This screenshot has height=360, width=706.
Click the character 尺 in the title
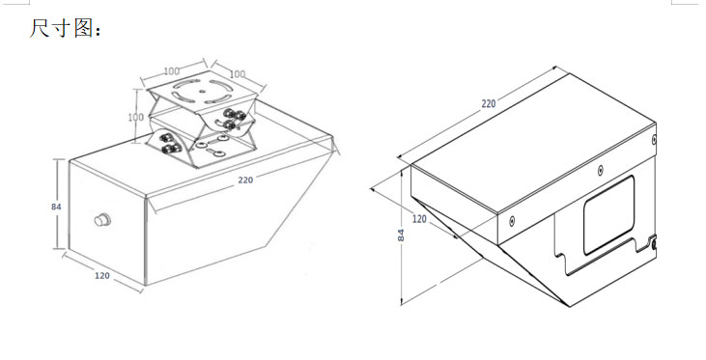(x=39, y=28)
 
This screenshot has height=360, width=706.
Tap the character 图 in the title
(x=84, y=28)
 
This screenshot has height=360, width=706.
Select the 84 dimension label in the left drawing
(x=56, y=207)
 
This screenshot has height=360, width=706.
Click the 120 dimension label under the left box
(x=102, y=275)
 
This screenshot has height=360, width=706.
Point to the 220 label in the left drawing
(x=245, y=180)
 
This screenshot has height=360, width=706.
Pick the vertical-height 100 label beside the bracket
(x=136, y=118)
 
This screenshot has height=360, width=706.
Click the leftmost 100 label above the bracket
(x=172, y=71)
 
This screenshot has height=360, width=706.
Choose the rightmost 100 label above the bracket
(x=238, y=73)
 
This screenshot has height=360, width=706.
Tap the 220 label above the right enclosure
(x=489, y=104)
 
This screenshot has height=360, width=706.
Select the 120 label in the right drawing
(x=419, y=219)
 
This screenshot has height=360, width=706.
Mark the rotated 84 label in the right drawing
(x=401, y=235)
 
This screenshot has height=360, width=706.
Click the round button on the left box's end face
(x=102, y=220)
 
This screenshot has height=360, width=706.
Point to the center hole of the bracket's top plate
(x=201, y=91)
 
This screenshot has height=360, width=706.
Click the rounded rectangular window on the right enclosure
(x=609, y=215)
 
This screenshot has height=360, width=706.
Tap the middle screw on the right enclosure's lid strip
(x=600, y=170)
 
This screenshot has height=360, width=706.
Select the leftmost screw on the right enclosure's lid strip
(x=512, y=220)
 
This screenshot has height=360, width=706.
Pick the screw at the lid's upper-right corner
(x=654, y=140)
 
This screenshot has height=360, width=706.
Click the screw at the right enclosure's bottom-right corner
(x=654, y=244)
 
